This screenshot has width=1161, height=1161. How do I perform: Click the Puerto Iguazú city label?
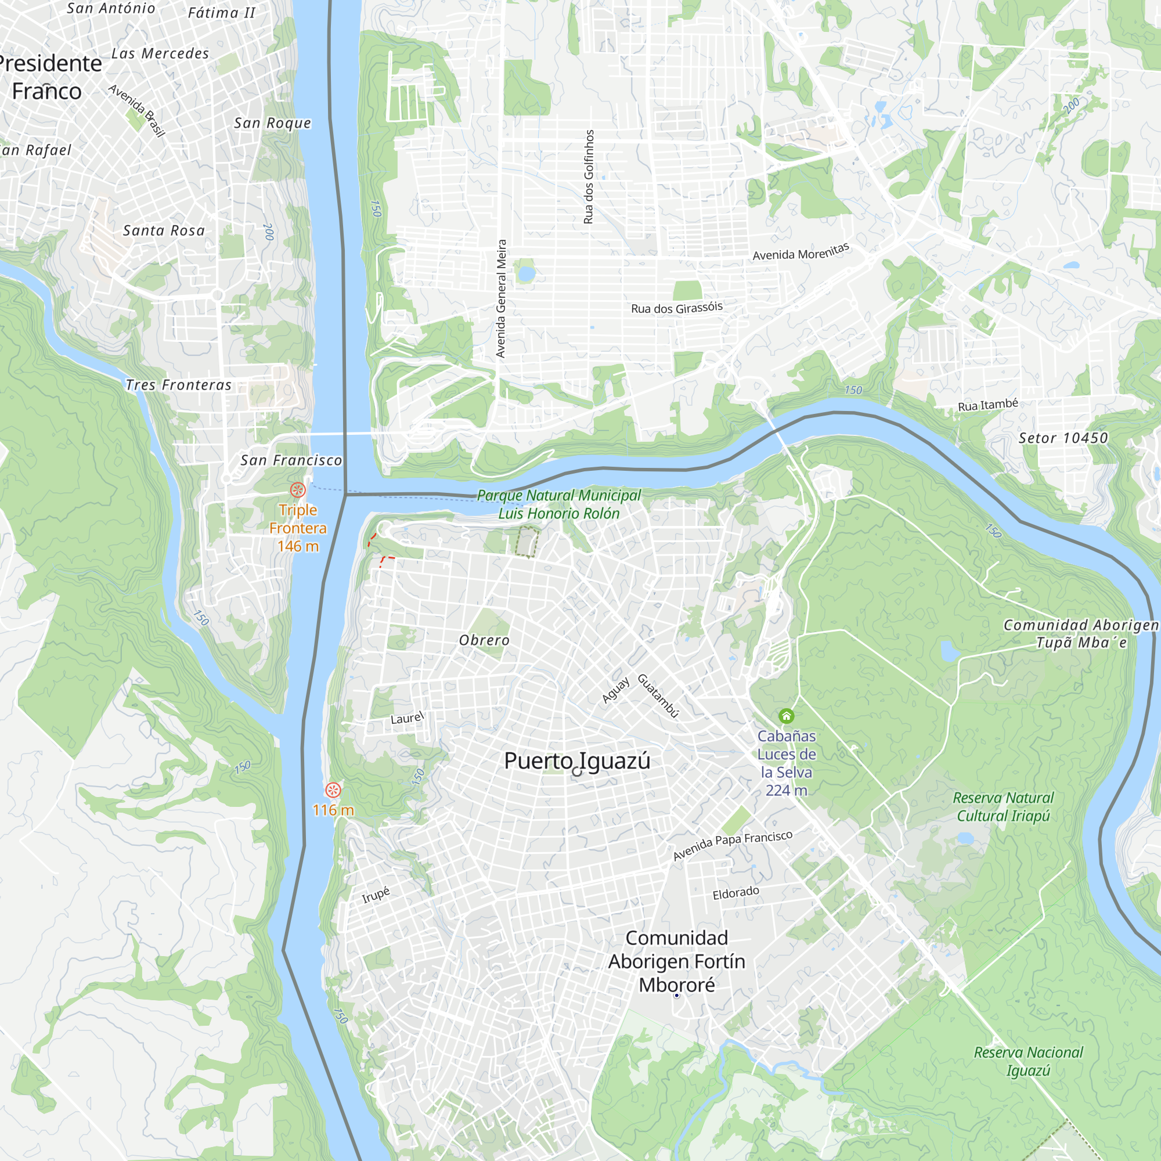coord(577,761)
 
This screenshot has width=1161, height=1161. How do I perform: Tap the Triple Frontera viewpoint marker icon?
coord(297,490)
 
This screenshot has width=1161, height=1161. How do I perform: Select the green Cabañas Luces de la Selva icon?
coord(786,716)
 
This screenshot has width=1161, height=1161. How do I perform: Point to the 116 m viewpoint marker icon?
coord(333,789)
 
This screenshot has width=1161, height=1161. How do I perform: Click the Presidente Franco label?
coord(48,77)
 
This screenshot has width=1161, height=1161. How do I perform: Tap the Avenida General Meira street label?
coord(501,298)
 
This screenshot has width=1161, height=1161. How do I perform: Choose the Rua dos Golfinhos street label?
coord(589,176)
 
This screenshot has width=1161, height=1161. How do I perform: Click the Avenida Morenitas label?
coord(801,252)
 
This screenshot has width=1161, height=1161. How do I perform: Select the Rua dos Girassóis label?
coord(677,308)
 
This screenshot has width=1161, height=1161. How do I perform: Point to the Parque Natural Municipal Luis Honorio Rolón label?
coord(559,504)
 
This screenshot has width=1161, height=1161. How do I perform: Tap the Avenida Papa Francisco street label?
coord(733,844)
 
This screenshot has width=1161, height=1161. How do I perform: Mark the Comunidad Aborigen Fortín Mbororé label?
coord(677,961)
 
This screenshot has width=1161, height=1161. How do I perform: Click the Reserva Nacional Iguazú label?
coord(1028,1061)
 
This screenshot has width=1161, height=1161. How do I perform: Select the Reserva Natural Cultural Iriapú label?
coord(1003,806)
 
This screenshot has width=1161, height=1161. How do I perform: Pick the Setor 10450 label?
coord(1063,438)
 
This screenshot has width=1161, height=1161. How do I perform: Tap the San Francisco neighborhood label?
coord(291,460)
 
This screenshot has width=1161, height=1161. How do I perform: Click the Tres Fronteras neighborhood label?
coord(178,385)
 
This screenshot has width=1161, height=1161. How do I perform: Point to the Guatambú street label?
coord(658,696)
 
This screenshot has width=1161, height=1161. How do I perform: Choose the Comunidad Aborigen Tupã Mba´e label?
coord(1080,633)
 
